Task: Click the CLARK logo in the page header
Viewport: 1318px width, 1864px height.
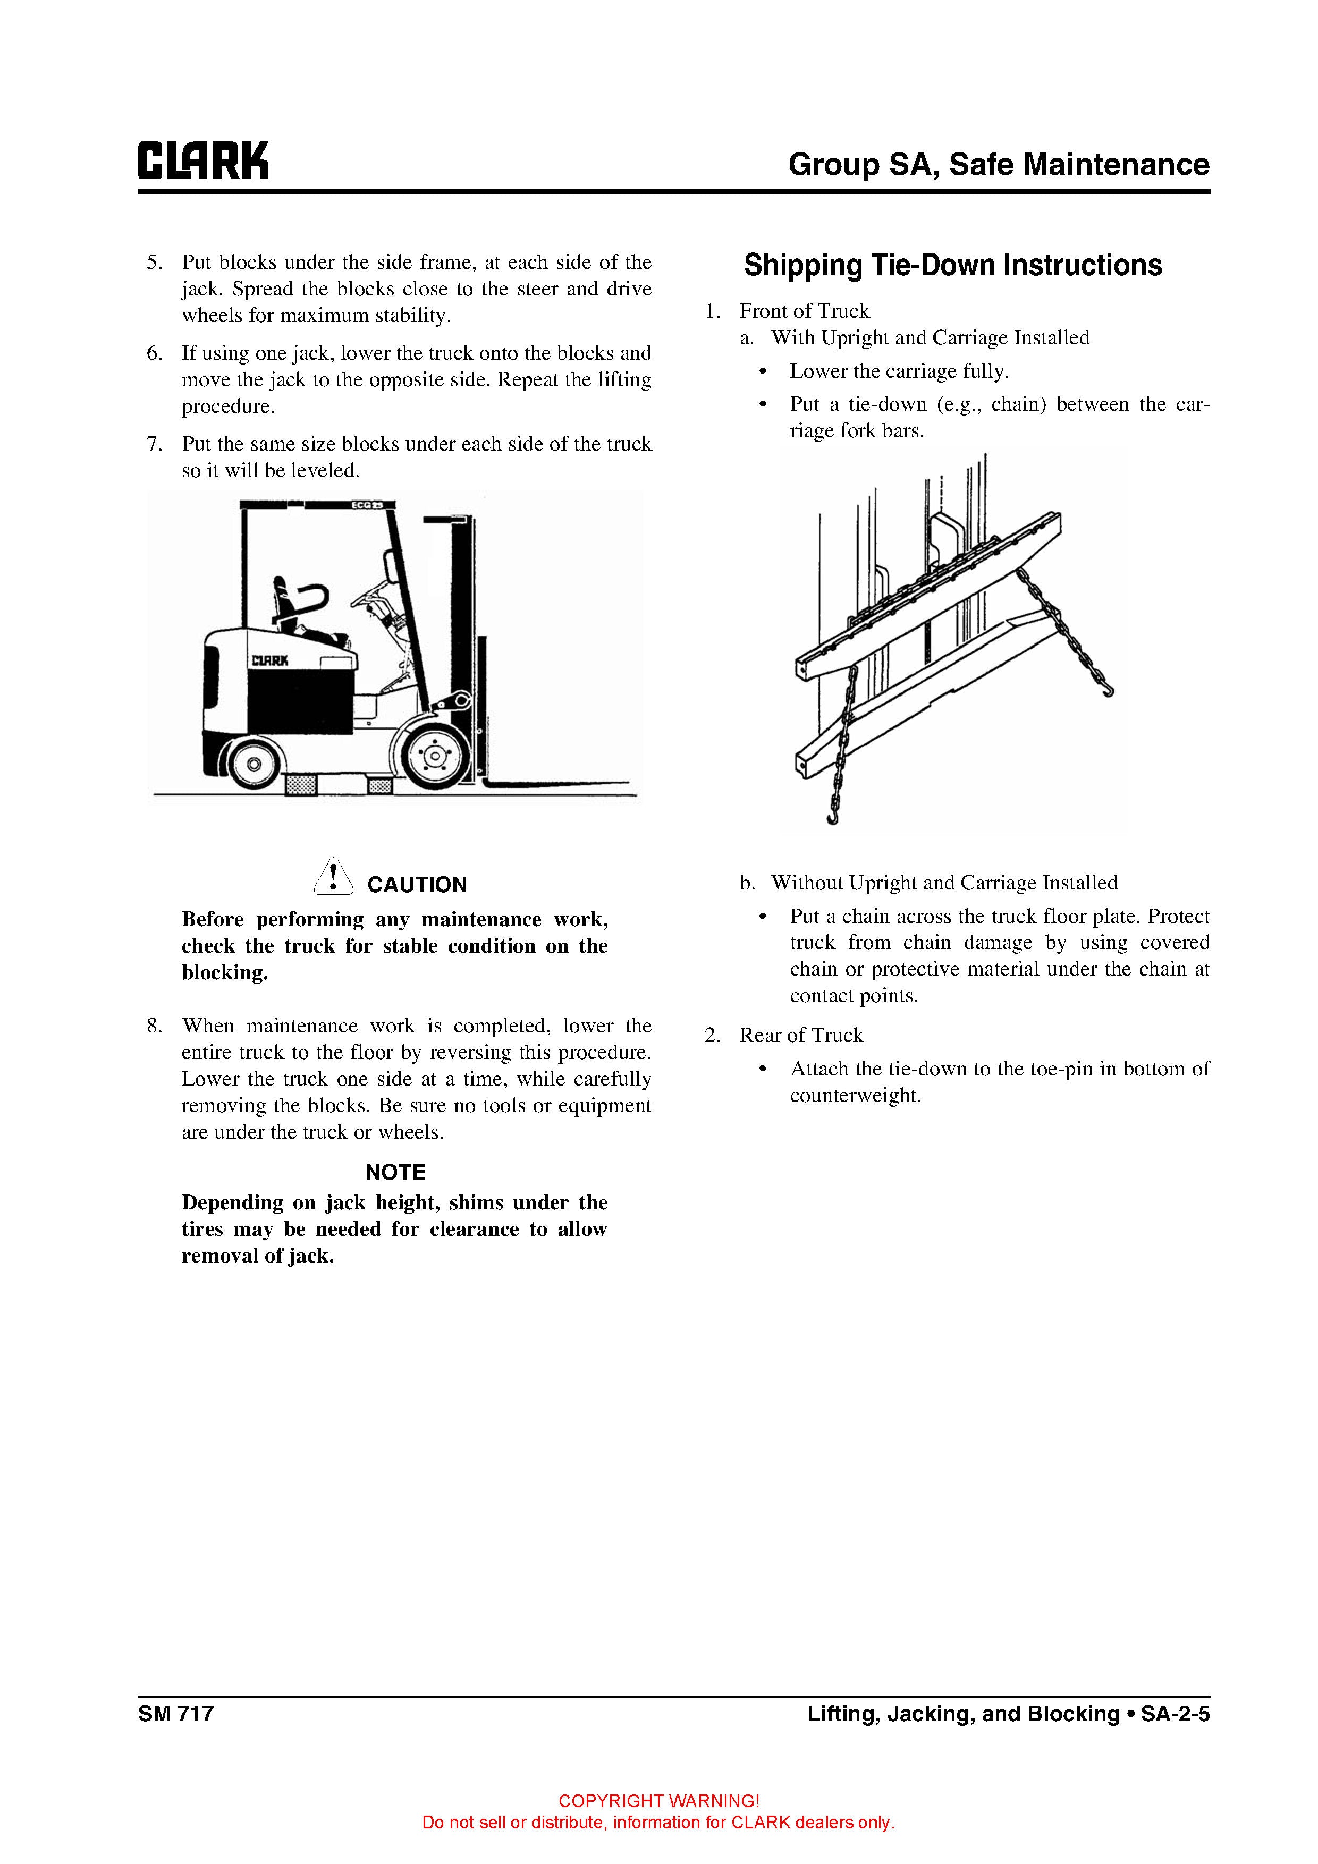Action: (x=203, y=161)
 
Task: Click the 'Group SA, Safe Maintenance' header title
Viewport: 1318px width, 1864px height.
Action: (x=998, y=165)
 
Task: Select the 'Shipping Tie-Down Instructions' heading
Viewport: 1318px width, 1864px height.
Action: (x=952, y=266)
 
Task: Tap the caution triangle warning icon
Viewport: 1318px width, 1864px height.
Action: (x=333, y=877)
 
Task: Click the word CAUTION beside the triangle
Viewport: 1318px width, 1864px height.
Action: (x=417, y=885)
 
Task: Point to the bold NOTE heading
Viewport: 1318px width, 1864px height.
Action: (x=395, y=1172)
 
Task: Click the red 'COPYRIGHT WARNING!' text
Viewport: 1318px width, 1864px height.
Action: (x=658, y=1801)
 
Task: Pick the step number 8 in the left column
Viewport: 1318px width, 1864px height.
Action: (x=154, y=1026)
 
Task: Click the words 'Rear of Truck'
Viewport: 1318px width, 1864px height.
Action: (x=801, y=1035)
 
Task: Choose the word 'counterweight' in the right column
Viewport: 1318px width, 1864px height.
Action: (x=854, y=1096)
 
